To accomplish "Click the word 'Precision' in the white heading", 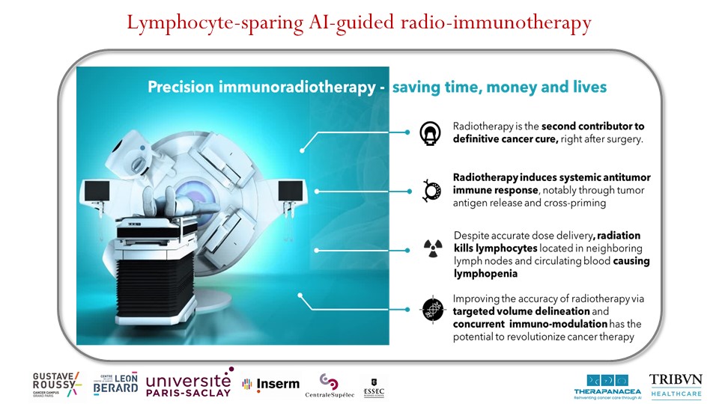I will pos(182,88).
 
